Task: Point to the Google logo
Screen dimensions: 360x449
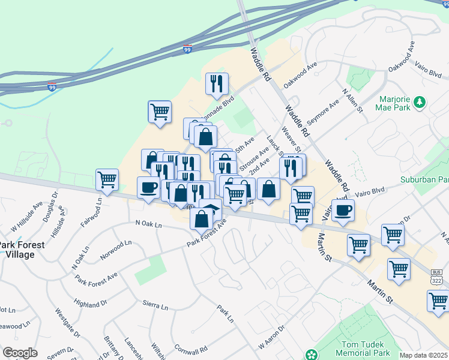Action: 20,353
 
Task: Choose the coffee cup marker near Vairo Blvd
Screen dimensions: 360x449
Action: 343,210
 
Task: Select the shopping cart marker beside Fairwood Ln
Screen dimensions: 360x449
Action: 107,179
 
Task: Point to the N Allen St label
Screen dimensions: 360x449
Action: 352,100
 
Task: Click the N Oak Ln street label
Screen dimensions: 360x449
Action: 149,224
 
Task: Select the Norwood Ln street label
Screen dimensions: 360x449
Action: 116,250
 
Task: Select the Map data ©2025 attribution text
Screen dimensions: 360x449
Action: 424,355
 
